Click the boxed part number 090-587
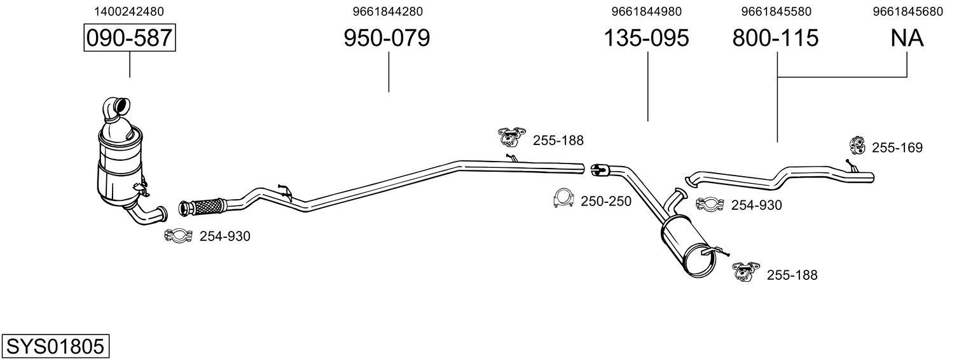(x=130, y=38)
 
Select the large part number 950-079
(x=387, y=38)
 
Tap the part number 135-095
(x=646, y=38)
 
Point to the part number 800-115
(x=775, y=38)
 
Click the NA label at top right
(x=907, y=38)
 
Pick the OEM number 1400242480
(x=129, y=11)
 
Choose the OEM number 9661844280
(x=387, y=11)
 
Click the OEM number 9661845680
(x=908, y=11)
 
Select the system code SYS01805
(x=55, y=347)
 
